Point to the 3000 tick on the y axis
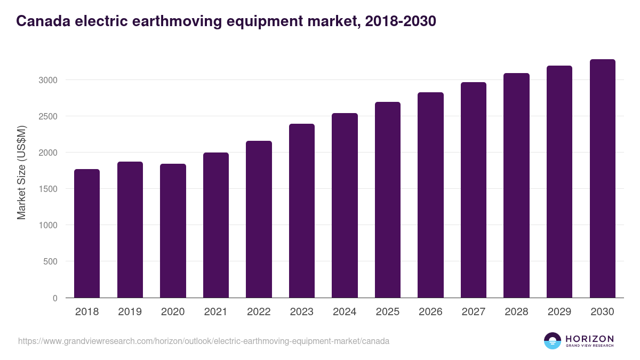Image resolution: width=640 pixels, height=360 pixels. coord(47,80)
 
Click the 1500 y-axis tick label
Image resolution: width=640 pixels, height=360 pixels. coord(47,189)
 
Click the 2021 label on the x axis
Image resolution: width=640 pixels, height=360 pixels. coord(215,312)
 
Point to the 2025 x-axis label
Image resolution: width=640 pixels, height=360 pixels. coord(387,312)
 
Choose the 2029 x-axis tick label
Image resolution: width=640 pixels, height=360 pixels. coord(559,312)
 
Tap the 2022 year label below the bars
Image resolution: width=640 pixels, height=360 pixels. coord(259,312)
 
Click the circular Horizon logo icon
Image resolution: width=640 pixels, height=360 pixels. coord(552,341)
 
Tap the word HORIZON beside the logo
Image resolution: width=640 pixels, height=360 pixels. coord(589,338)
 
